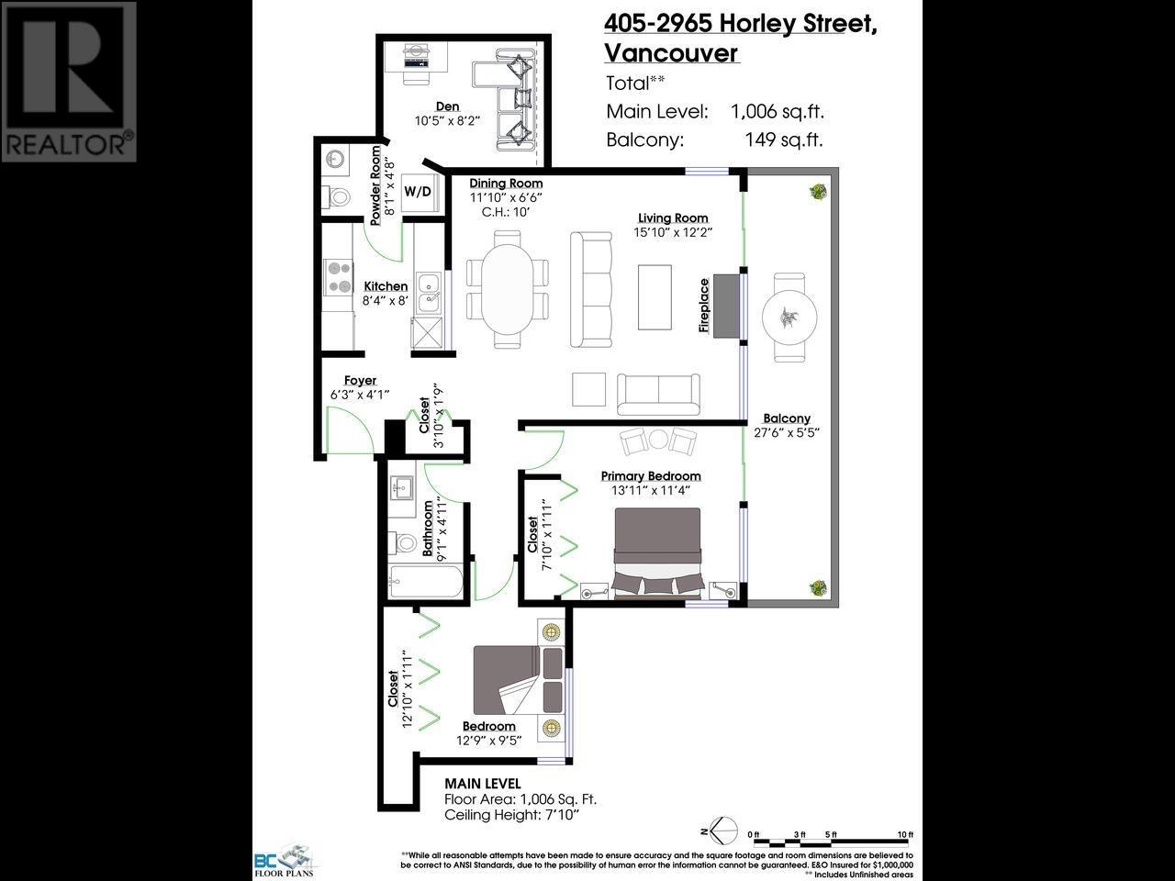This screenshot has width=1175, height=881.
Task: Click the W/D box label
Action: (x=418, y=192)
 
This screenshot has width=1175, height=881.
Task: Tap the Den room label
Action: (x=447, y=107)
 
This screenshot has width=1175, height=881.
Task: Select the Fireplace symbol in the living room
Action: (x=726, y=305)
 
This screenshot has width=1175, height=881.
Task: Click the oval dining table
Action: (x=507, y=288)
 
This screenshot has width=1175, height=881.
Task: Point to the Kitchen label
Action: (x=386, y=286)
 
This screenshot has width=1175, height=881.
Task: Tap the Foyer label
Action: (x=360, y=381)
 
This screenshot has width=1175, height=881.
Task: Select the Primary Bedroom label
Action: (x=651, y=475)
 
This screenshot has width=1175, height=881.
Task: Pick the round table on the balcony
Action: (x=788, y=318)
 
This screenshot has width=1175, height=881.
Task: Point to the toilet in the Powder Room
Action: (x=337, y=195)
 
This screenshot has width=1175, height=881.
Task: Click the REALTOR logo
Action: (x=69, y=82)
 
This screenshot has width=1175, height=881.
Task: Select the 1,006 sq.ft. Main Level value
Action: (x=777, y=112)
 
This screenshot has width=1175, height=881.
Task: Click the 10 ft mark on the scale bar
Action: (x=906, y=835)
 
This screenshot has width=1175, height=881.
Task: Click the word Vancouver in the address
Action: (x=671, y=52)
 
